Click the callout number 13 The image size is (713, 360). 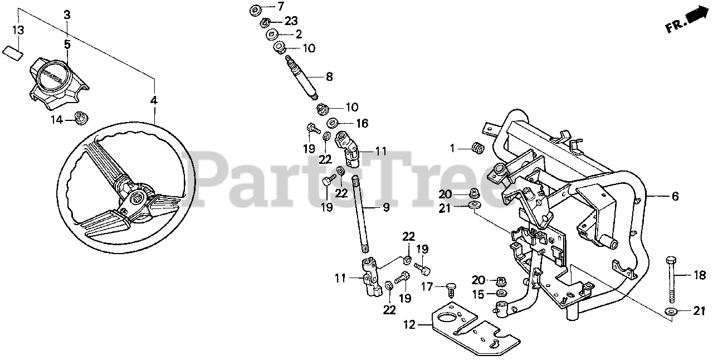click(18, 30)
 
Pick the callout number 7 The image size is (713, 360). click(280, 7)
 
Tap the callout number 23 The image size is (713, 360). click(291, 21)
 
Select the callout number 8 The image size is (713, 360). click(329, 76)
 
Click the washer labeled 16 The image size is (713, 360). click(331, 123)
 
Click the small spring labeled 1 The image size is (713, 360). click(477, 149)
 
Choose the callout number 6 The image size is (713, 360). click(675, 196)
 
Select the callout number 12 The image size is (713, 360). click(409, 324)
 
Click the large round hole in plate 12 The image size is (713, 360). click(447, 319)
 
